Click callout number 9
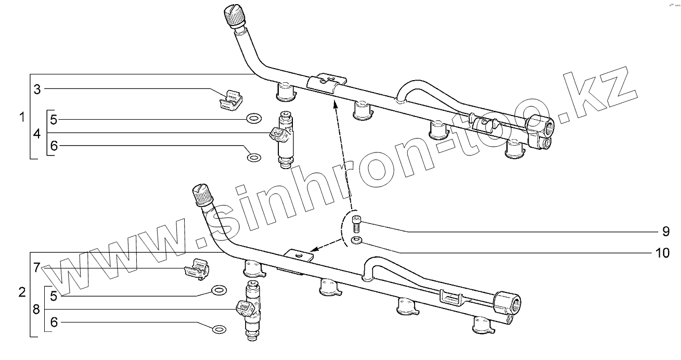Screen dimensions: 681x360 (665, 231)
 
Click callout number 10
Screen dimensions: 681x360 (662, 253)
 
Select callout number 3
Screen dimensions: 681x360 (37, 89)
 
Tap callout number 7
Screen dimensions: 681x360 (36, 268)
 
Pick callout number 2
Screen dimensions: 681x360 (22, 292)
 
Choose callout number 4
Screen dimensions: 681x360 (36, 134)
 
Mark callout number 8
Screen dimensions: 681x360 (36, 310)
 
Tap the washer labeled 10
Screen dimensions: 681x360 (356, 240)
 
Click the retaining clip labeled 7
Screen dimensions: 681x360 (197, 269)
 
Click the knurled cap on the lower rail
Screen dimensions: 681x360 (202, 195)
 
